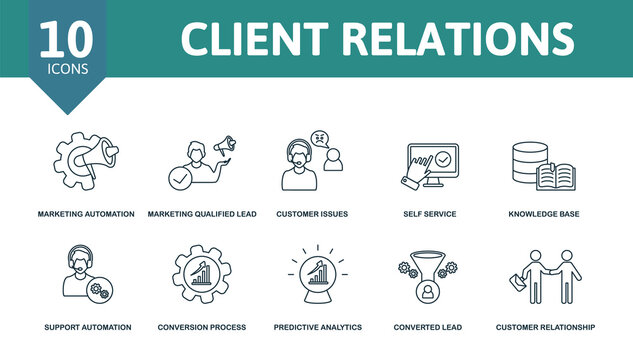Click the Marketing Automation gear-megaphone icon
(x=85, y=159)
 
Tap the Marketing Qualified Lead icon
(x=200, y=160)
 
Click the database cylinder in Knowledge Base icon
(x=527, y=160)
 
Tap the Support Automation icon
(x=84, y=274)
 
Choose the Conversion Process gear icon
(x=200, y=274)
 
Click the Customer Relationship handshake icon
(x=547, y=275)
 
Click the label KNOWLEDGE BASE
(x=543, y=214)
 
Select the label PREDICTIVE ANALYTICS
(x=317, y=327)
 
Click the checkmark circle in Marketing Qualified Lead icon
(x=180, y=180)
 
